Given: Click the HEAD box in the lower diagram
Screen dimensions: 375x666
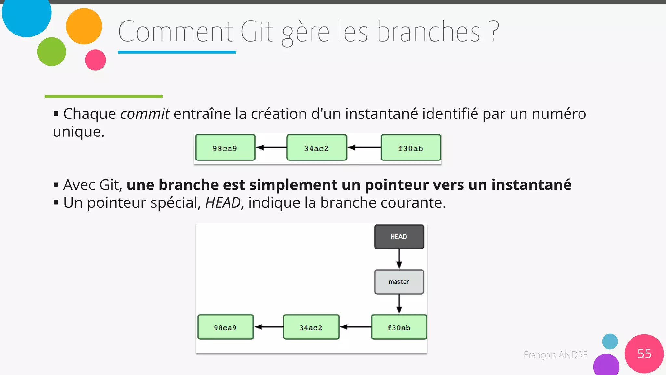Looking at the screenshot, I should click(x=399, y=237).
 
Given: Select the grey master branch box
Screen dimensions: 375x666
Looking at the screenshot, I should click(x=399, y=282).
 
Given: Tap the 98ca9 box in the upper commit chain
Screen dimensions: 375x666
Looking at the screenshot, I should click(x=225, y=148).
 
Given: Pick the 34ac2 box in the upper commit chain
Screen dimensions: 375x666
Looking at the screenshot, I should click(x=316, y=148).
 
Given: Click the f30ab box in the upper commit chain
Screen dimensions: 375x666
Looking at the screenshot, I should click(x=411, y=148).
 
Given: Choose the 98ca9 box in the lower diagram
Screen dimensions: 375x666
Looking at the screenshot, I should click(x=225, y=327).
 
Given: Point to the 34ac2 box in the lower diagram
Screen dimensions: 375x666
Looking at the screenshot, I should click(x=311, y=327).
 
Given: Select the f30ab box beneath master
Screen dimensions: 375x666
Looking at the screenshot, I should click(x=399, y=327).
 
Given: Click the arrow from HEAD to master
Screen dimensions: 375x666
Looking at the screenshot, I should click(x=399, y=259).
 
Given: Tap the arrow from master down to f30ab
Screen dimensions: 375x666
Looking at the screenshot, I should click(x=399, y=304).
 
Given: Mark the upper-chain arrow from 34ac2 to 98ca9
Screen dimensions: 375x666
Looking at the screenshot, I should click(x=271, y=147).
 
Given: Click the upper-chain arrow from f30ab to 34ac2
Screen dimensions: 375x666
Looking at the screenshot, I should click(x=364, y=147).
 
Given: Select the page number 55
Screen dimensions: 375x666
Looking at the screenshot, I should click(x=644, y=354).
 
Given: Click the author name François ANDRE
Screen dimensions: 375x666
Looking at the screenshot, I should click(x=555, y=355).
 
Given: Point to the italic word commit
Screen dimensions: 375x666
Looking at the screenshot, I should click(x=145, y=114).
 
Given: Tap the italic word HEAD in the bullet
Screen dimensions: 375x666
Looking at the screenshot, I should click(x=223, y=203).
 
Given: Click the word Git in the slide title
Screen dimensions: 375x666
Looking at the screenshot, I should click(x=257, y=32).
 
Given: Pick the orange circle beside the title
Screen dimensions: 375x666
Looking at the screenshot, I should click(x=84, y=26).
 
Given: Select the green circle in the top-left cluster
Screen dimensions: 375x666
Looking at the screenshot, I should click(x=52, y=52).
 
